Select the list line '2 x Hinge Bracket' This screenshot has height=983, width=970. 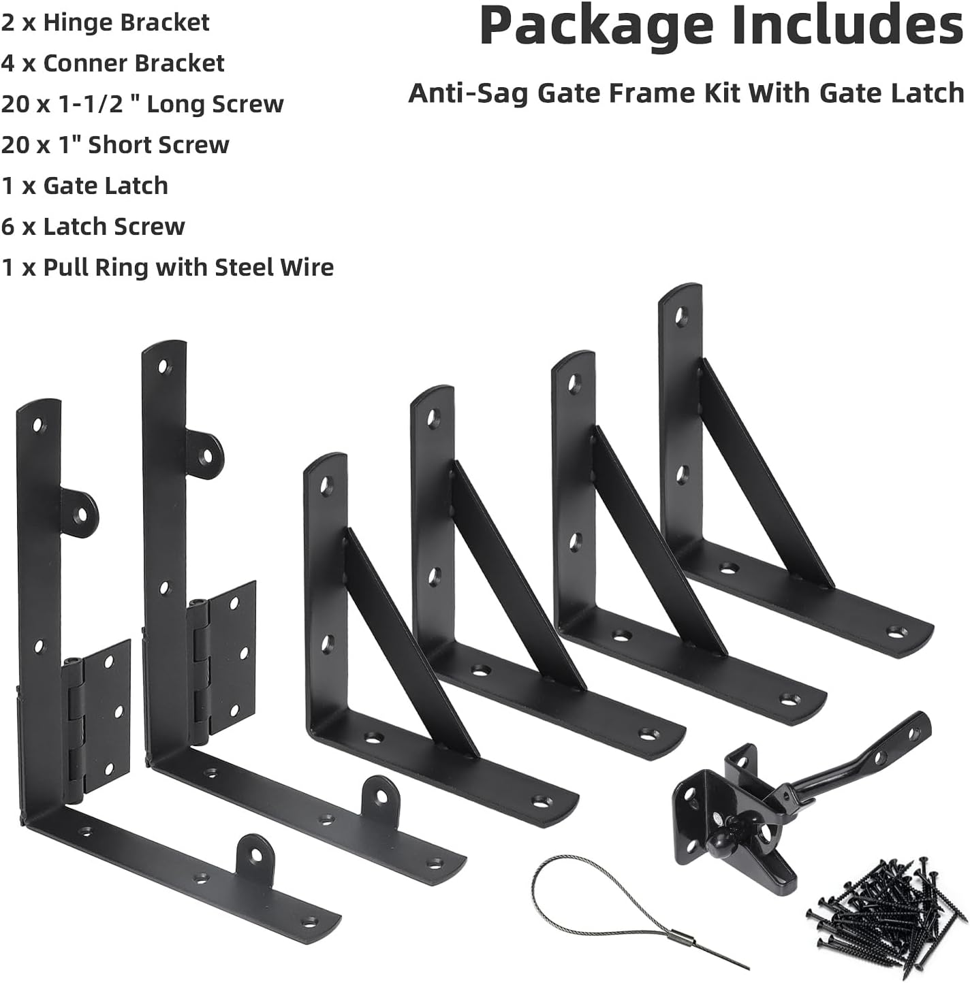(106, 22)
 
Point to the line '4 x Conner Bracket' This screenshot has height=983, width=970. (113, 63)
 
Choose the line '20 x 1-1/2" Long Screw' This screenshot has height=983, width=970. (142, 104)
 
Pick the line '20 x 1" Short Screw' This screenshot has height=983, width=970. (115, 145)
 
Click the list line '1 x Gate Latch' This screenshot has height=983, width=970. (84, 186)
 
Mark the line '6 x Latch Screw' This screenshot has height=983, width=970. (93, 227)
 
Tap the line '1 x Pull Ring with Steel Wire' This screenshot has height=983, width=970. (168, 268)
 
